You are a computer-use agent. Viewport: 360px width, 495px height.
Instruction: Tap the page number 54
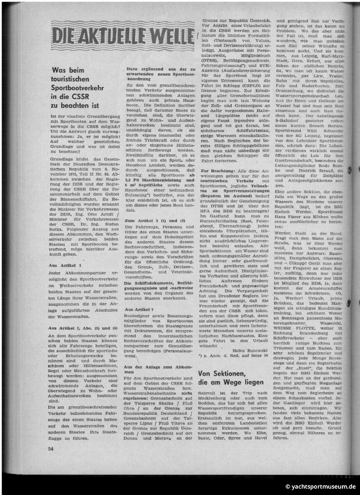point(51,448)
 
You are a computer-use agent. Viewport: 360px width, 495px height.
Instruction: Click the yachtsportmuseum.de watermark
point(320,487)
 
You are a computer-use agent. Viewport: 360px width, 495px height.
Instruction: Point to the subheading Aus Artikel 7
point(139,310)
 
